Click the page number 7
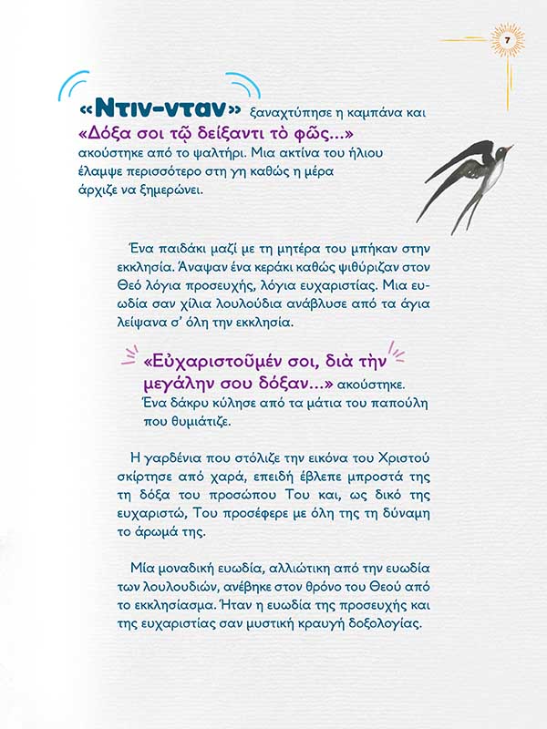[x=507, y=40]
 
